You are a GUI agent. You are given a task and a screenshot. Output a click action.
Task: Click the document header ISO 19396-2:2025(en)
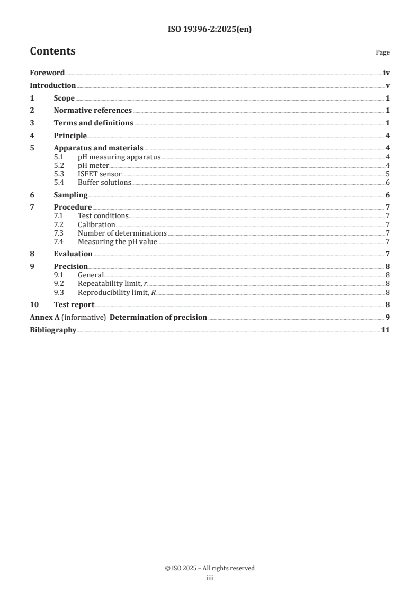210,30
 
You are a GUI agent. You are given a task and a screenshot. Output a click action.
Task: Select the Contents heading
52,51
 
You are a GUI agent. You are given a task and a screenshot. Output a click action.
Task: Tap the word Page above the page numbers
382,53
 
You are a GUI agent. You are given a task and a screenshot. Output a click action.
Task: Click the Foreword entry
47,73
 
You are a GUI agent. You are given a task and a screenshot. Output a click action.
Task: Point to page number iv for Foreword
387,73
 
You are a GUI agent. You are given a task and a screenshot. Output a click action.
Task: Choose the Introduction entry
52,86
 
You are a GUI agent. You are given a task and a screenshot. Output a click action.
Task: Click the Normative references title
93,111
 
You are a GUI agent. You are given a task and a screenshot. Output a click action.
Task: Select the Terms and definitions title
93,123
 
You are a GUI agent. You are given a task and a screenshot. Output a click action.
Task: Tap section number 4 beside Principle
32,136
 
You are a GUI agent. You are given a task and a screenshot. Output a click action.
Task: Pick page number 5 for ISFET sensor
388,174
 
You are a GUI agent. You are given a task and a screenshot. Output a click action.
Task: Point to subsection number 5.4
59,183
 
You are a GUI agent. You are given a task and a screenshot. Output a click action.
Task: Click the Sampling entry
70,195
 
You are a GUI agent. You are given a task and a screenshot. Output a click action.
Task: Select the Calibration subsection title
96,225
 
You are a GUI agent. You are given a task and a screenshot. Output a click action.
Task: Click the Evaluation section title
73,254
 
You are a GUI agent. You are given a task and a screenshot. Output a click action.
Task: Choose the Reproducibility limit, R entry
117,292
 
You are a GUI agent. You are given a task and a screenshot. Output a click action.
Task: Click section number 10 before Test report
33,305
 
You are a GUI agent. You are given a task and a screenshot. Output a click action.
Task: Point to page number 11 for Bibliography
386,330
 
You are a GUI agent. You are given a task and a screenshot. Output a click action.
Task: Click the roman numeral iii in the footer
210,578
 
